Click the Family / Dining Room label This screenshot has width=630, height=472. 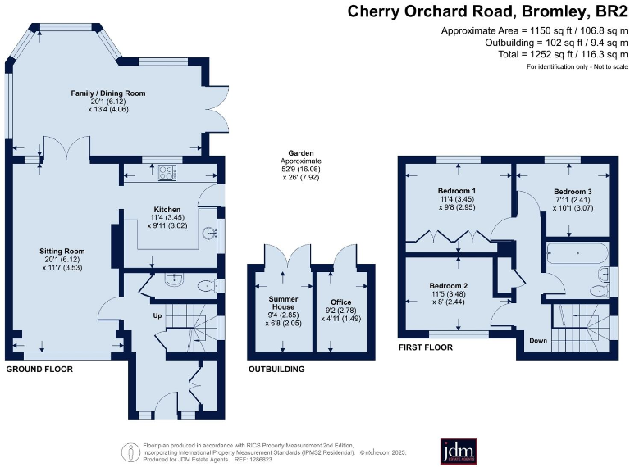107,93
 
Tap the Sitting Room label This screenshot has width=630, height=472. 62,251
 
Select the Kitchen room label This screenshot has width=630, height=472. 162,208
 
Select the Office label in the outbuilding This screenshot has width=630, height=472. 340,302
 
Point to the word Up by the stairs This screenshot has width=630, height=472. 158,315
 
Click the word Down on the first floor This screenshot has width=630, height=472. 538,340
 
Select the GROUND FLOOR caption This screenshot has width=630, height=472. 39,370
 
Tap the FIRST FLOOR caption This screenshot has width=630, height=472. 425,347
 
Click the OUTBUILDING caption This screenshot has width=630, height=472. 276,370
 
